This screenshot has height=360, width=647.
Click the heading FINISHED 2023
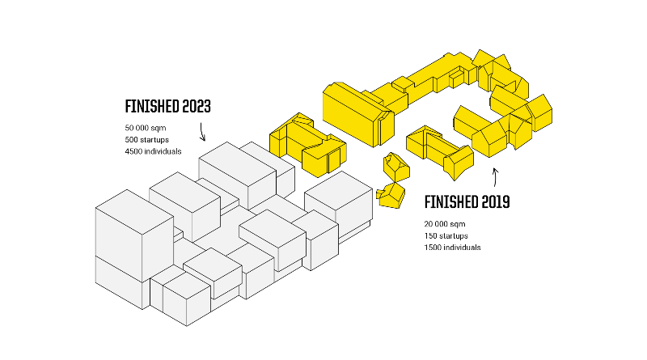click(167, 106)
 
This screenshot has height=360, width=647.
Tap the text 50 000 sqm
click(145, 129)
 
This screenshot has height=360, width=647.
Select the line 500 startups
click(146, 140)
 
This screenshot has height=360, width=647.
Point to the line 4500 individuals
click(153, 151)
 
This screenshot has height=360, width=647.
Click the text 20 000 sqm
click(444, 223)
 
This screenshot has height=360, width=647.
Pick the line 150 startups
click(444, 235)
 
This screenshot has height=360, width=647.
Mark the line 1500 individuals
click(451, 247)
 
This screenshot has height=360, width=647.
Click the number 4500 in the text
click(133, 151)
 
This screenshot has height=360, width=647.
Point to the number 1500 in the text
click(432, 247)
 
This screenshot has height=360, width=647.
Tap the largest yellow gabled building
click(352, 113)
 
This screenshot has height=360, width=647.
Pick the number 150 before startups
click(429, 235)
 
